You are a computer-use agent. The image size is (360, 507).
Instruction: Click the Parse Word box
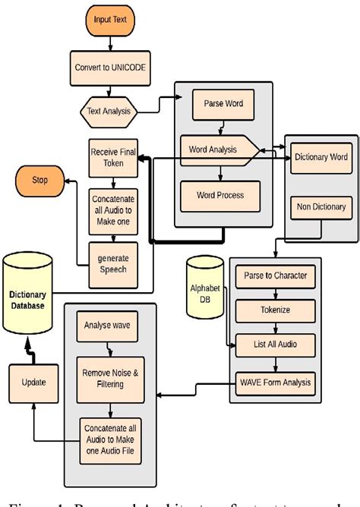click(223, 104)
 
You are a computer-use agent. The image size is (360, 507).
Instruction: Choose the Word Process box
click(220, 195)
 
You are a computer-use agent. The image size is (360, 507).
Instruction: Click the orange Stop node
click(39, 181)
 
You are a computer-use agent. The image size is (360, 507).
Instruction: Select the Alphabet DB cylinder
click(205, 293)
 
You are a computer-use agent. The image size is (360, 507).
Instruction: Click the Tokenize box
click(275, 310)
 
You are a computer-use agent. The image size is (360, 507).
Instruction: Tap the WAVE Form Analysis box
click(275, 382)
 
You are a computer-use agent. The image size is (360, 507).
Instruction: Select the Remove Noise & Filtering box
click(109, 379)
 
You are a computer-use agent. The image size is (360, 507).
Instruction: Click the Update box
click(31, 383)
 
